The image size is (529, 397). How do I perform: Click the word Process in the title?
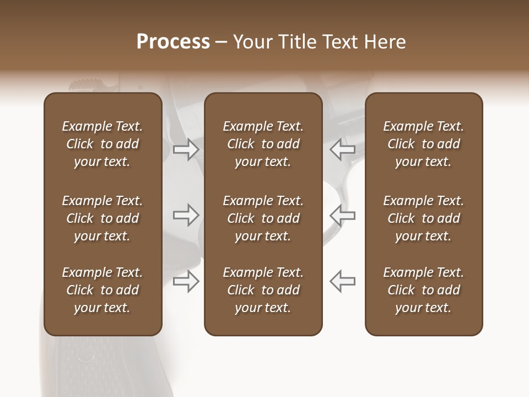[x=173, y=42]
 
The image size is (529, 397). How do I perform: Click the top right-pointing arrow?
[x=186, y=149]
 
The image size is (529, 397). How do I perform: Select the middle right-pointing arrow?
[x=186, y=214]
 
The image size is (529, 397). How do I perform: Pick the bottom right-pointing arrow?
[x=186, y=281]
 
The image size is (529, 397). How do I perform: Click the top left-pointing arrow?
[x=342, y=149]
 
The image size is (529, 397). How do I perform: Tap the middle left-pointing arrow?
[x=342, y=214]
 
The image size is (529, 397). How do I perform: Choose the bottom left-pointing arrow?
[x=342, y=281]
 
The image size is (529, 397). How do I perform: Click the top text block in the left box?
[x=102, y=144]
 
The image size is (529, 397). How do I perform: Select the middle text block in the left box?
[x=102, y=218]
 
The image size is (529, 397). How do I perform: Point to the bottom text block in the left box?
[x=102, y=290]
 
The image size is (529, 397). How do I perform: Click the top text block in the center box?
[x=263, y=144]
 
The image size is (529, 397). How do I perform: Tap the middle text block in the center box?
[x=263, y=218]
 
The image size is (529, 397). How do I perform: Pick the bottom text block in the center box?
[x=263, y=290]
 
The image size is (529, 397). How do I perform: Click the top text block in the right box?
[x=423, y=144]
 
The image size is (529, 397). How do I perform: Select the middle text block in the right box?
[x=423, y=218]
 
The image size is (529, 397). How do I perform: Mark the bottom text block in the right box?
[x=423, y=290]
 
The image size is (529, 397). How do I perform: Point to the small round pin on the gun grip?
[x=85, y=356]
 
